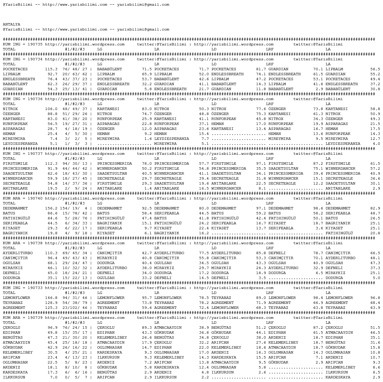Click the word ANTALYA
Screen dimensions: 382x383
(11, 24)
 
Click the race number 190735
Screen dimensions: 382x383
(35, 44)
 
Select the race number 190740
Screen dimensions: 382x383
(35, 198)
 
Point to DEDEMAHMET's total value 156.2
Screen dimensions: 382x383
(51, 208)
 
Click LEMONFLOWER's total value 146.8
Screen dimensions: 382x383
(51, 298)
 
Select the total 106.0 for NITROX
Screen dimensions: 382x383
(51, 109)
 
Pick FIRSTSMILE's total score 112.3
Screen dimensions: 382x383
(51, 164)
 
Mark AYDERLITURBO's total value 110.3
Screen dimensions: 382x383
(51, 253)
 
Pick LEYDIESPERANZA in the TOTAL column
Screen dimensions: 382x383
(20, 144)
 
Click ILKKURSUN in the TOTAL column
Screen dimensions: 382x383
(14, 377)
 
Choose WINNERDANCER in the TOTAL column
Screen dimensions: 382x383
(17, 179)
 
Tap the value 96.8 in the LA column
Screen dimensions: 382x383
(375, 298)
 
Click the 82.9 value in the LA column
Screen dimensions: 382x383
(375, 208)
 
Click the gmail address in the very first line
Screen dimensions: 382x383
(143, 5)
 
